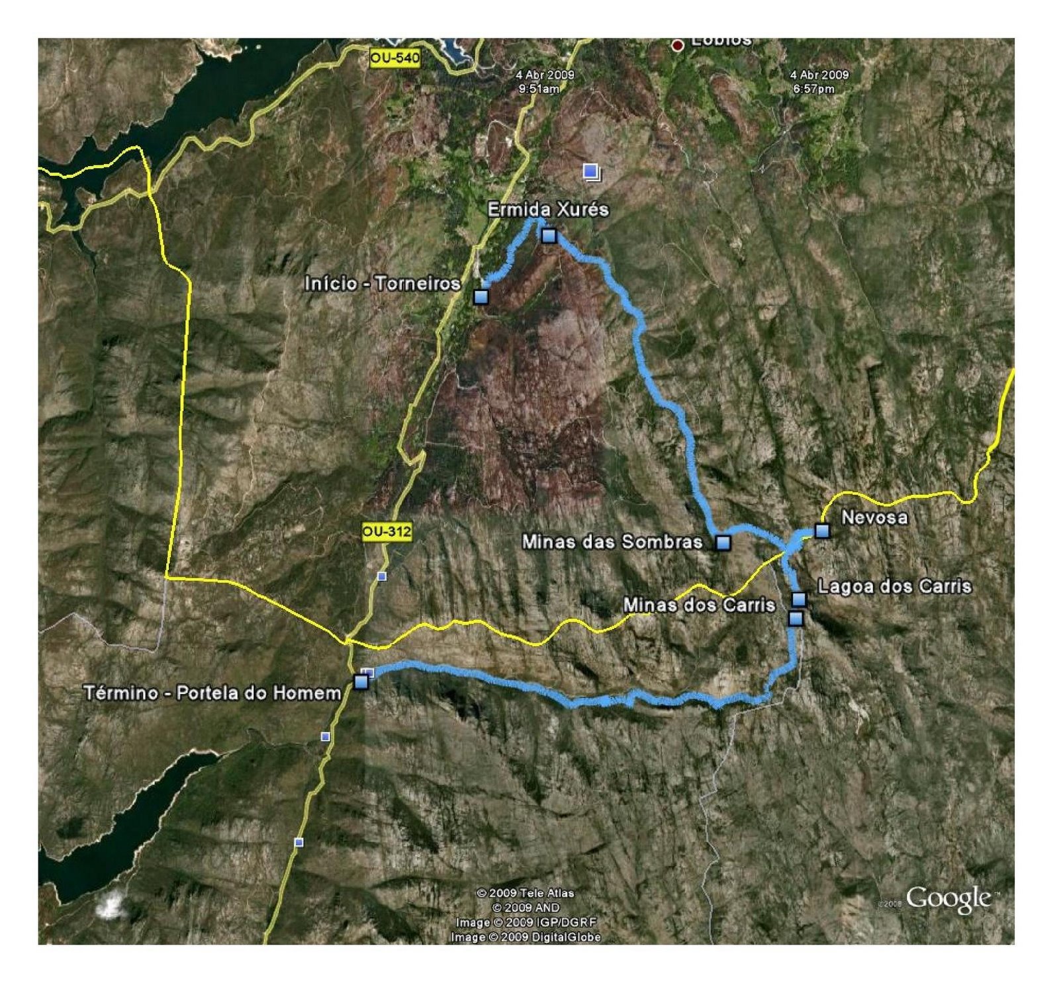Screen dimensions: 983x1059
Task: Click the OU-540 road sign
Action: pyautogui.click(x=394, y=58)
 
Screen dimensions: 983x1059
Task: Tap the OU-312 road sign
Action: pyautogui.click(x=387, y=531)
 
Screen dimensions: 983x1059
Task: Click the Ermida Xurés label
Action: pyautogui.click(x=548, y=210)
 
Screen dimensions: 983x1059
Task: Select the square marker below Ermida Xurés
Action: pyautogui.click(x=549, y=235)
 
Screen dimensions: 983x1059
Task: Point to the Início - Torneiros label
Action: pyautogui.click(x=382, y=284)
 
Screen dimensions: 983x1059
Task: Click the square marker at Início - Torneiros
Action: pyautogui.click(x=481, y=296)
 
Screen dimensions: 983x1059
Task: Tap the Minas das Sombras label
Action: pyautogui.click(x=612, y=542)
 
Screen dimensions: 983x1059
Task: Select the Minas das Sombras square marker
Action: pyautogui.click(x=723, y=543)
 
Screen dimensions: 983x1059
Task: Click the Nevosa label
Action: pyautogui.click(x=874, y=517)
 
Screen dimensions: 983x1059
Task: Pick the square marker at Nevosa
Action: pyautogui.click(x=822, y=531)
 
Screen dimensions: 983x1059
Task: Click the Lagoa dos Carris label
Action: pyautogui.click(x=894, y=586)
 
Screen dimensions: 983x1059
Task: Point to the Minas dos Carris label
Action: pyautogui.click(x=699, y=605)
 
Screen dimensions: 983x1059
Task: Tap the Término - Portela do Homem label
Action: pyautogui.click(x=212, y=693)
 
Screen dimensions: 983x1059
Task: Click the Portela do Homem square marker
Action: pyautogui.click(x=361, y=681)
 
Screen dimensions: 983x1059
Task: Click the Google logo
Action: pyautogui.click(x=948, y=899)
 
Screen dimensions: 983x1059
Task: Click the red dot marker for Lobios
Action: pyautogui.click(x=677, y=46)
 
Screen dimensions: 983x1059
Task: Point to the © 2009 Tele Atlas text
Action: pyautogui.click(x=526, y=893)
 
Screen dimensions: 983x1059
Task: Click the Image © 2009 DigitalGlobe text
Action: pyautogui.click(x=526, y=937)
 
